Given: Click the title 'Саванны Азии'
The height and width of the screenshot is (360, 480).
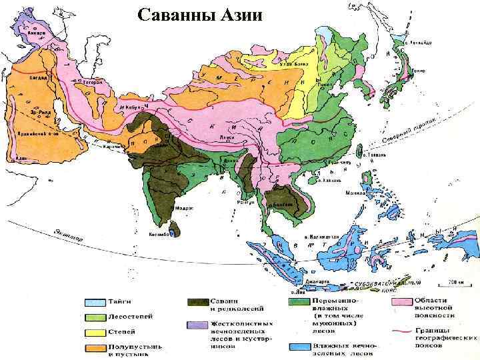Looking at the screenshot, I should click(200, 14).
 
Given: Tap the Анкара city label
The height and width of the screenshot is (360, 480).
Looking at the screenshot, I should click(36, 32).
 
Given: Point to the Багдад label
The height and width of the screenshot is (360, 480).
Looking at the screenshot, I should click(37, 78).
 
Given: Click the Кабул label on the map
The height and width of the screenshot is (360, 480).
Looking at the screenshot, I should click(129, 106).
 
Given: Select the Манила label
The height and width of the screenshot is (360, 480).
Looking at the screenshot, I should click(353, 193).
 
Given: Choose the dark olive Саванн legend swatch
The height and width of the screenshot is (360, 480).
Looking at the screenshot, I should click(198, 302).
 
